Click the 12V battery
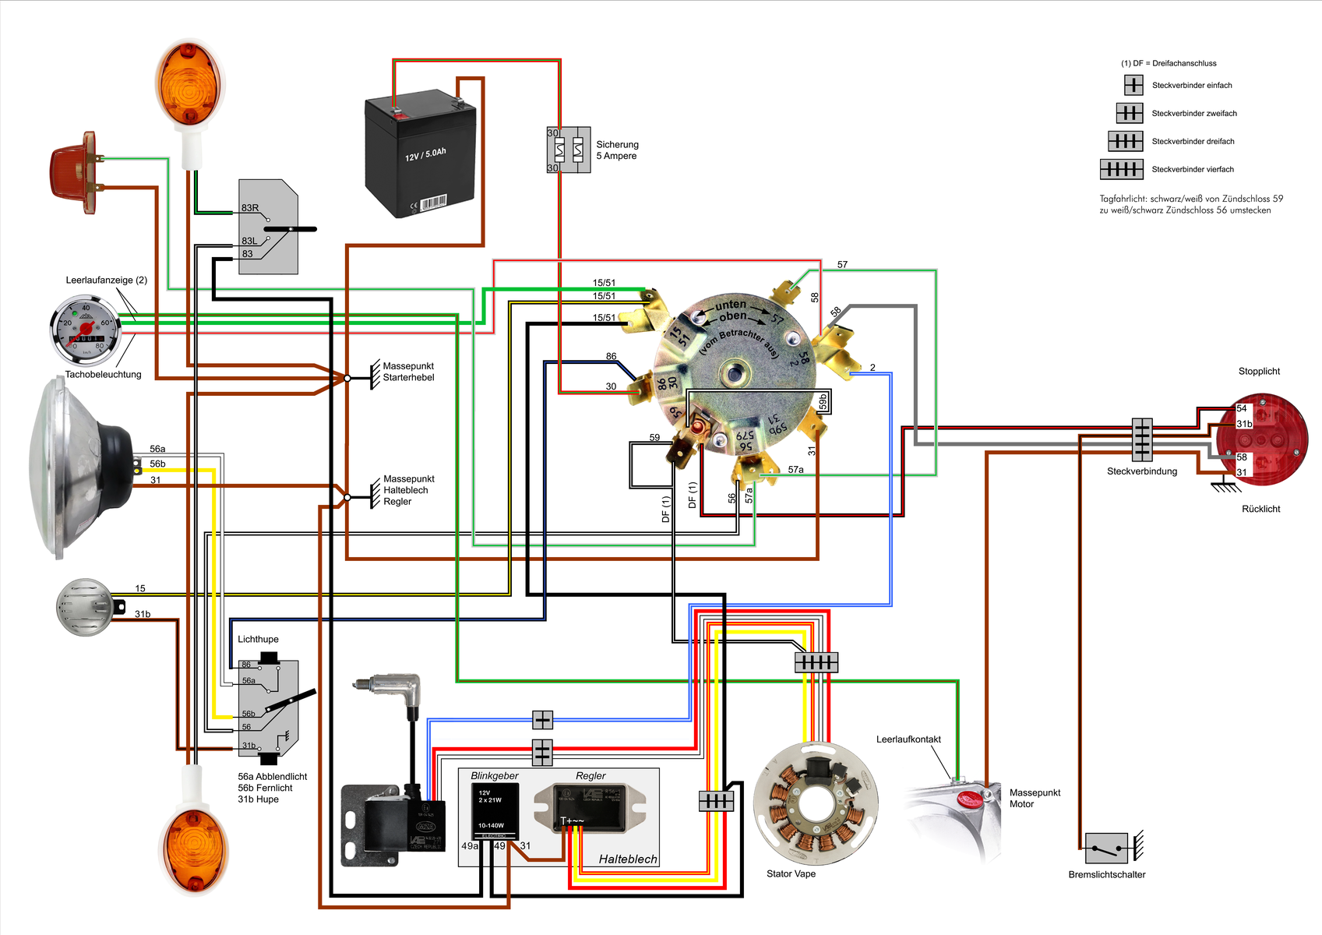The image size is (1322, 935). [421, 156]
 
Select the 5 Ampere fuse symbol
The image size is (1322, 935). [569, 150]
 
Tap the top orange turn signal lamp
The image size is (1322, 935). [189, 82]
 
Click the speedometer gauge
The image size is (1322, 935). [86, 330]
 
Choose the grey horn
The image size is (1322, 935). [86, 607]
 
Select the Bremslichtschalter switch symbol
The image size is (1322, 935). [1106, 848]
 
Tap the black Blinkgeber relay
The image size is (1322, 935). [495, 810]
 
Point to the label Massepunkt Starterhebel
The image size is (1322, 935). [408, 372]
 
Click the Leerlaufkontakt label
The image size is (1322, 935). [908, 739]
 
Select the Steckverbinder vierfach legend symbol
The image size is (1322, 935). [1121, 169]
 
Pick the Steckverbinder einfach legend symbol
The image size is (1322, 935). [1133, 85]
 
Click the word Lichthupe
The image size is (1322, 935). [258, 639]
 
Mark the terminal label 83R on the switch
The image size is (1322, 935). [250, 208]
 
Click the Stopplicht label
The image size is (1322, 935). [1259, 372]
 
